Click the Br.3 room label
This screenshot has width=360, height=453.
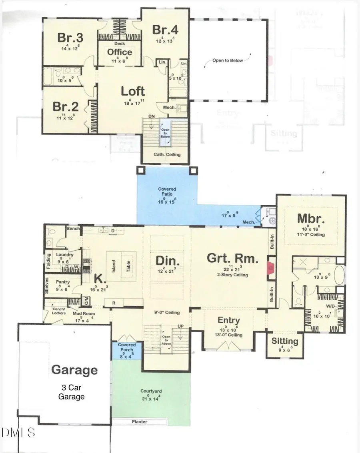point(70,38)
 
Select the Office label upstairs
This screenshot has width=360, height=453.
point(120,52)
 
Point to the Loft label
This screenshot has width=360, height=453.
point(133,91)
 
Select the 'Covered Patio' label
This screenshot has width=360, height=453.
point(167,192)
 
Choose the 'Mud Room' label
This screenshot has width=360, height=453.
point(84,314)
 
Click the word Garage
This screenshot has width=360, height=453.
point(74,370)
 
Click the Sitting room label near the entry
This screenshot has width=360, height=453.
point(285,341)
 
